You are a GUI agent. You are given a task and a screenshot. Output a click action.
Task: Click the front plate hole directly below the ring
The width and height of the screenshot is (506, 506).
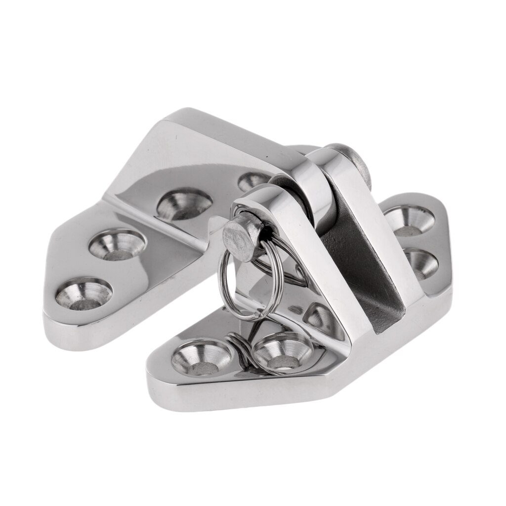282,352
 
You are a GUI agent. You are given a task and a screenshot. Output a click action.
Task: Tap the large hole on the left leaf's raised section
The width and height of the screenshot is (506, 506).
184,204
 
